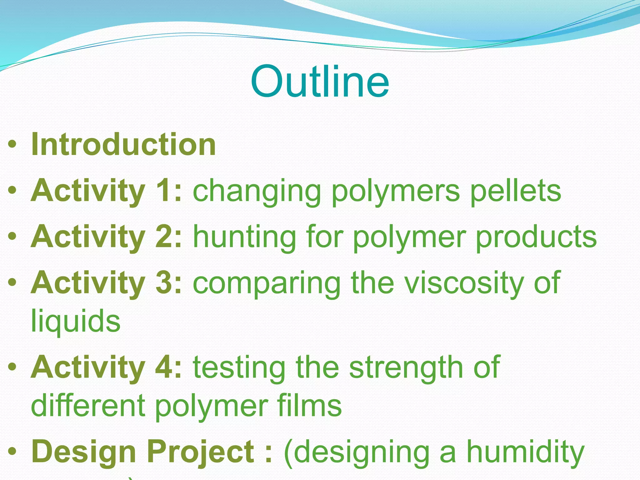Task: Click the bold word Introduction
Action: click(123, 144)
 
